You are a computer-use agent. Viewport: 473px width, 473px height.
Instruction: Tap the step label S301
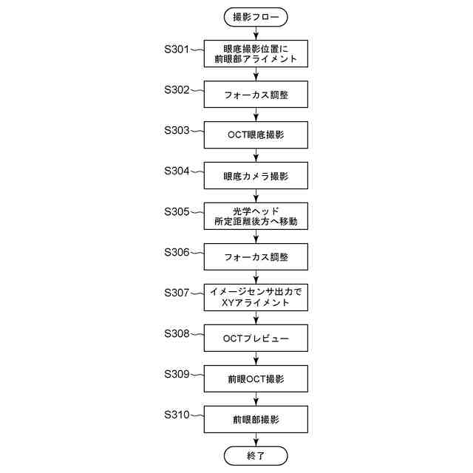(177, 50)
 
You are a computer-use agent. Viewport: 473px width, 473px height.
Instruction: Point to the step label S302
(177, 89)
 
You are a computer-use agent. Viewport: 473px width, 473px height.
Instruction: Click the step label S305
(177, 211)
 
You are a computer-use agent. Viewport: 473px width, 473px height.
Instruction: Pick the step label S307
(177, 293)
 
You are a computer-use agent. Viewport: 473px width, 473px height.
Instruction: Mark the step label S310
(177, 414)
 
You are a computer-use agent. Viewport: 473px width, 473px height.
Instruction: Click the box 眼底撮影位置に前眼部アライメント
(256, 54)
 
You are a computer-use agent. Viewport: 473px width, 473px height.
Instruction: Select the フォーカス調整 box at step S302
(256, 95)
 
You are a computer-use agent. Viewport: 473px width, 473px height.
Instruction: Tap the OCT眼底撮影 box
(256, 135)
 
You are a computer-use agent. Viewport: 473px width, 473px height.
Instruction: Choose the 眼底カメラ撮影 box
(256, 176)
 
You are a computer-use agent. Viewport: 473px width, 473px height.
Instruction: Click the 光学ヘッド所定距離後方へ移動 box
(256, 216)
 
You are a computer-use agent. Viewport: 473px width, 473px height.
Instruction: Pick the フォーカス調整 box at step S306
(256, 256)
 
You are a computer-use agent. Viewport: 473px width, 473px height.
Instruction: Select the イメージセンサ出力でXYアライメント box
(256, 298)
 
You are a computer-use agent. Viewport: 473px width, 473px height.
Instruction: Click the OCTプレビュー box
(256, 338)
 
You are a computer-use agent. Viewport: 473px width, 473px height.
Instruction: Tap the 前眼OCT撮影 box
(256, 378)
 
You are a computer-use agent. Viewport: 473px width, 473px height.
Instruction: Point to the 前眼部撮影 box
(256, 419)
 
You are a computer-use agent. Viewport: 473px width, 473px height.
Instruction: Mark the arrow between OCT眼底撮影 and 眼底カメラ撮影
(256, 155)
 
